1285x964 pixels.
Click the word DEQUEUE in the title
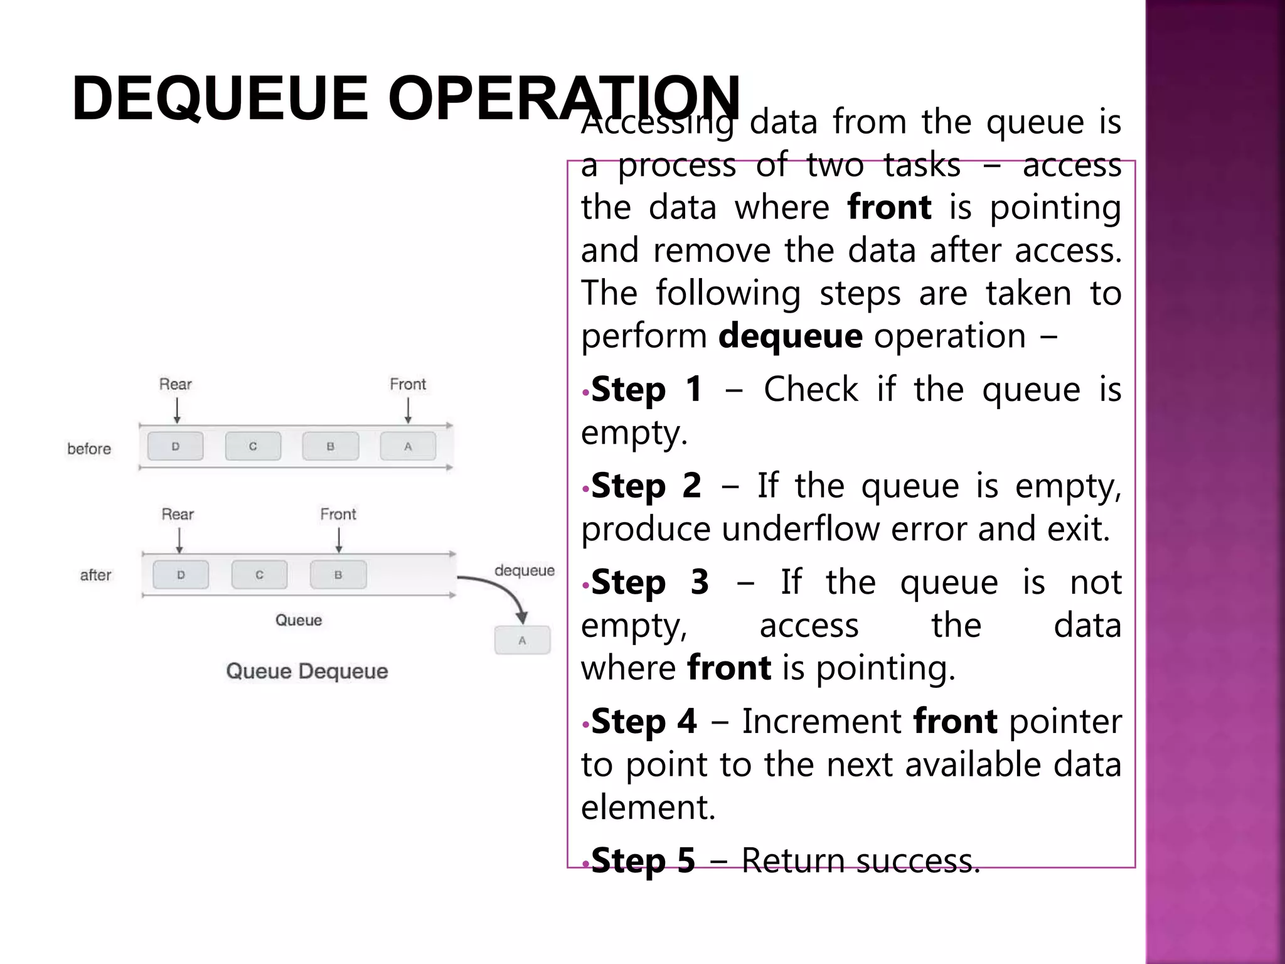click(x=219, y=99)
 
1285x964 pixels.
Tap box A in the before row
click(x=408, y=446)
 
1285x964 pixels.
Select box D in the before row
click(x=175, y=446)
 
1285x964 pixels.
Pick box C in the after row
click(x=259, y=575)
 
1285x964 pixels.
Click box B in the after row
click(x=338, y=575)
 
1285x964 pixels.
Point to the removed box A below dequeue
click(x=522, y=641)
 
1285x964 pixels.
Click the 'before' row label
click(x=89, y=449)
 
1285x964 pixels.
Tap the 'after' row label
click(x=95, y=575)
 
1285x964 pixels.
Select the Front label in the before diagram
click(x=408, y=384)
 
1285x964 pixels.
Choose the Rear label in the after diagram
click(x=178, y=514)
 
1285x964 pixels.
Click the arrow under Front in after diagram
click(x=339, y=540)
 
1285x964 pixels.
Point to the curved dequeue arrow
click(x=502, y=590)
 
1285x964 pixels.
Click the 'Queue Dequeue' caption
click(x=307, y=671)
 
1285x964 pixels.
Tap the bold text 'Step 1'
click(x=646, y=390)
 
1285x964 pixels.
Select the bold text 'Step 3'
click(x=650, y=582)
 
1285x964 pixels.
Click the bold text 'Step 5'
click(x=643, y=860)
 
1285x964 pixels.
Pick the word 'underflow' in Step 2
click(x=802, y=529)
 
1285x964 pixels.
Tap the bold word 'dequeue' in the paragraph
click(x=790, y=336)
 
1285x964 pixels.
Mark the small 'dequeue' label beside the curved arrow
click(x=525, y=570)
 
